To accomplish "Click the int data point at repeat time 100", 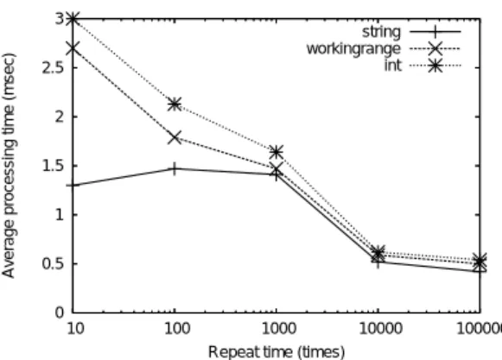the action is coord(175,104).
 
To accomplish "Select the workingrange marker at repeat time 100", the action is coord(175,137).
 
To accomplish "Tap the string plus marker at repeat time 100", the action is coord(174,168).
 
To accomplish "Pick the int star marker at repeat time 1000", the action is coord(276,152).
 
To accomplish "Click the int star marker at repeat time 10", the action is coord(73,19).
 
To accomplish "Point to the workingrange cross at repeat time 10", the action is coord(73,48).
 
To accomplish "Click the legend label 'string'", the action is coord(381,32).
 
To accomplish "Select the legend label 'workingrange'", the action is coord(353,49).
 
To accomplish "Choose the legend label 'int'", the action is coord(393,66).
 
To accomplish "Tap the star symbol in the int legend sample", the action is coord(435,66).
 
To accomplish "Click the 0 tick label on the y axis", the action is coord(60,313).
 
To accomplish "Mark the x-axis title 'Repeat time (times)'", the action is coord(276,351).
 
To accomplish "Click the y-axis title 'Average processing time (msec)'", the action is coord(9,166).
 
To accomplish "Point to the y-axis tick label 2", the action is coord(60,117).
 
